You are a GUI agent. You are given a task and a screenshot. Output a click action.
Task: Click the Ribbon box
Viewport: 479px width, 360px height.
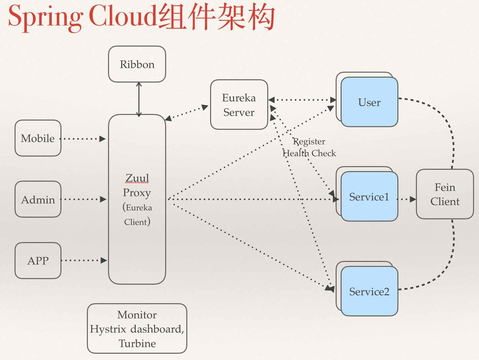click(137, 64)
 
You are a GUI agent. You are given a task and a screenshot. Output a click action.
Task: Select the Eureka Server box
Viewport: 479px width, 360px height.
click(239, 105)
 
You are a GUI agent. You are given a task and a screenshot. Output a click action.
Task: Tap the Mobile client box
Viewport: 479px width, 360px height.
click(38, 138)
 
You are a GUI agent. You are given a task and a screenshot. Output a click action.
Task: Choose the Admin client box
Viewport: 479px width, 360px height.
click(38, 199)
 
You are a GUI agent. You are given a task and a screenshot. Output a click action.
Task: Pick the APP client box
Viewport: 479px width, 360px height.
click(38, 261)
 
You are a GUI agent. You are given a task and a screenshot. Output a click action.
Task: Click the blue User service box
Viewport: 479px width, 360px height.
click(369, 102)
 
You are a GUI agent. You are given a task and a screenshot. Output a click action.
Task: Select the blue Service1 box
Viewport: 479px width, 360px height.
click(369, 197)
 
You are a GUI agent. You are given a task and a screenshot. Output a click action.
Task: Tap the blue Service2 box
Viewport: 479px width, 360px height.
click(369, 291)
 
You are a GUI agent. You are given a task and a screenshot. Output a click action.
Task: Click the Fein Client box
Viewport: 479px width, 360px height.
click(445, 194)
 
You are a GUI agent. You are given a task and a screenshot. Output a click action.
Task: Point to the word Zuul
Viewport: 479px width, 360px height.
click(137, 178)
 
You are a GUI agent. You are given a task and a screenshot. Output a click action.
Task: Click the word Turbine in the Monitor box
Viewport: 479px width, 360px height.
click(137, 343)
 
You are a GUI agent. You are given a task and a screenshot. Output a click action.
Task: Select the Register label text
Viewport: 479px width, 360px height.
click(310, 141)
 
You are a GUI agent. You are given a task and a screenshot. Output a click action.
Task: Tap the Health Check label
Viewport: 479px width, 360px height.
click(310, 153)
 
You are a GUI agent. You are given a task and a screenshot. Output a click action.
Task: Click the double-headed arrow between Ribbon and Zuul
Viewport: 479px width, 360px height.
click(139, 99)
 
